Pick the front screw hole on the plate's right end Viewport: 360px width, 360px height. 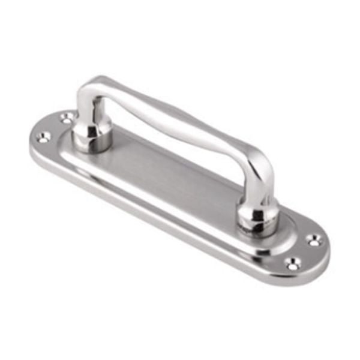click(x=292, y=262)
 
